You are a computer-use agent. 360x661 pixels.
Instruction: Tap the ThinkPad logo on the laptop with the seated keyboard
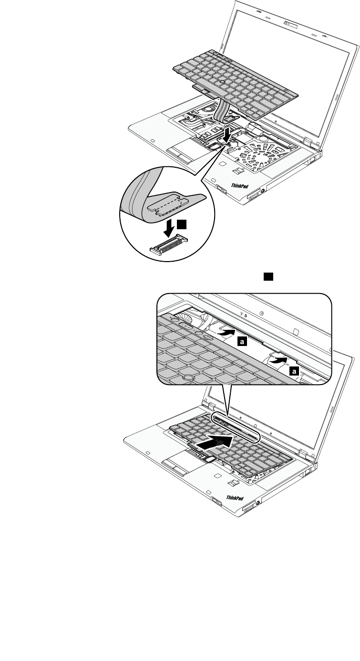(235, 499)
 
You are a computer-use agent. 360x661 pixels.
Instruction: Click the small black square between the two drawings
(268, 276)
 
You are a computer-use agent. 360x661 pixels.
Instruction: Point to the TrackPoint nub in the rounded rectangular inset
(189, 377)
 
